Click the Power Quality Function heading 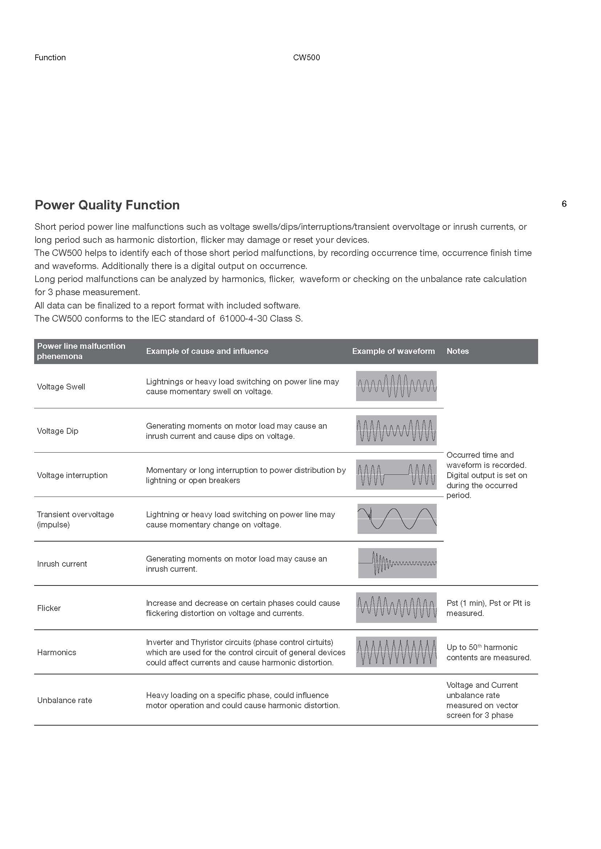[107, 205]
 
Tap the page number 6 [564, 204]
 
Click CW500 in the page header [306, 57]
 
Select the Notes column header [457, 351]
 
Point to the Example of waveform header [394, 351]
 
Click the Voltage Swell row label [61, 387]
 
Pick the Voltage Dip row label [58, 431]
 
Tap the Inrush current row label [62, 564]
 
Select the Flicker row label [49, 608]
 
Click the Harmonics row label [57, 652]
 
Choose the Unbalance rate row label [65, 700]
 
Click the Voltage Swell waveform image [396, 386]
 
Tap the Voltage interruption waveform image [396, 474]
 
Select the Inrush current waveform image [398, 563]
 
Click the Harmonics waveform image [396, 652]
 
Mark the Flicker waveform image [396, 608]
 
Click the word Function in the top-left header [50, 57]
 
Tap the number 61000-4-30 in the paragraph [243, 318]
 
